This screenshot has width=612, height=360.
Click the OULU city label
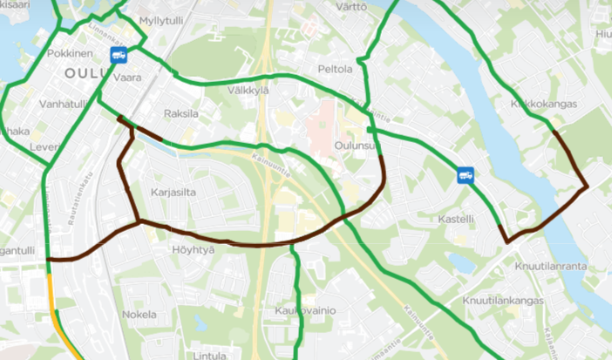coord(84,74)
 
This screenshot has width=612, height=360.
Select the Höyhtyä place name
coord(193,249)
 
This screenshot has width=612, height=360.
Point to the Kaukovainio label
coord(305,311)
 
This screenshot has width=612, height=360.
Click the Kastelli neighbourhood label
coord(457,219)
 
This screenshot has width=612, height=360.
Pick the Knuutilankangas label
coord(505,300)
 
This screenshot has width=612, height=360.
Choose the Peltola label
coord(336,69)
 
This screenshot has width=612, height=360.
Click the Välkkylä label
coord(248,90)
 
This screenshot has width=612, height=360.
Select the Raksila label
coord(181,114)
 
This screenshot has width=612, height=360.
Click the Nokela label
coord(139,314)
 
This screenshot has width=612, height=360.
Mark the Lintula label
coord(209,355)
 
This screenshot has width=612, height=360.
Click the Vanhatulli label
coord(62,104)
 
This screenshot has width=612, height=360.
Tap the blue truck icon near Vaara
coord(119,55)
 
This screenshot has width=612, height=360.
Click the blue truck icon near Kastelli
coord(466,175)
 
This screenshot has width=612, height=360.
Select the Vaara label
coord(127,78)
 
